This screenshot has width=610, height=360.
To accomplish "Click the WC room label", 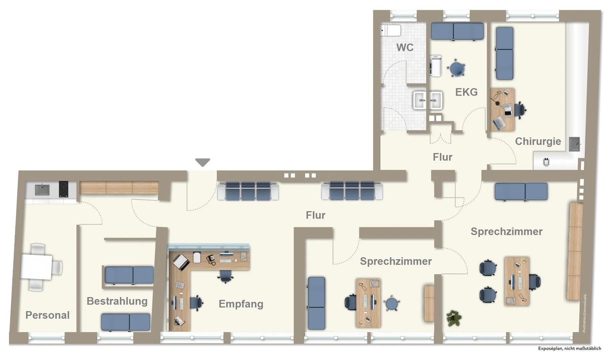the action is pyautogui.click(x=405, y=48).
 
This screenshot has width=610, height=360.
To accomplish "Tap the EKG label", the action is pyautogui.click(x=466, y=92).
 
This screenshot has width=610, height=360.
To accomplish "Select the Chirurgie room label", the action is pyautogui.click(x=538, y=141).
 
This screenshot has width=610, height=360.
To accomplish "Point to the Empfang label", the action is pyautogui.click(x=241, y=304).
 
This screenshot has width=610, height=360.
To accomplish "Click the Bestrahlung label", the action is pyautogui.click(x=117, y=301).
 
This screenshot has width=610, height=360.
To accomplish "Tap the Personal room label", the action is pyautogui.click(x=47, y=315).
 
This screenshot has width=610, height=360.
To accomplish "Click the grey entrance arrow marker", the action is pyautogui.click(x=202, y=162).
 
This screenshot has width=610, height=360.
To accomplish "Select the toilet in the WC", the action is pyautogui.click(x=391, y=31).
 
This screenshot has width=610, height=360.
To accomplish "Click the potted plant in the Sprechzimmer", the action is pyautogui.click(x=454, y=318).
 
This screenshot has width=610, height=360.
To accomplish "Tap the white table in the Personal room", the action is pyautogui.click(x=36, y=267).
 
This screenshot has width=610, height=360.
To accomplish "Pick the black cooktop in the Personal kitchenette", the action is pyautogui.click(x=63, y=189).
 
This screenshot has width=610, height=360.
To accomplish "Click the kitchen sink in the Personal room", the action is pyautogui.click(x=42, y=190).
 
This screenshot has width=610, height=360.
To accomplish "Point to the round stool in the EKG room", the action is pyautogui.click(x=457, y=69).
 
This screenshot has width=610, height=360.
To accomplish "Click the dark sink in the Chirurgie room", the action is pyautogui.click(x=574, y=144).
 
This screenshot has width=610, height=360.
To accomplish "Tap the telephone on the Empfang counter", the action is pyautogui.click(x=211, y=259).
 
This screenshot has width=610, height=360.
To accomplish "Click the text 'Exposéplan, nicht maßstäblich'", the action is pyautogui.click(x=570, y=348).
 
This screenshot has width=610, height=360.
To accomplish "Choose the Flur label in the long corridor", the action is pyautogui.click(x=316, y=215).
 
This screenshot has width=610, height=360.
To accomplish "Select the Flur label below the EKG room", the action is pyautogui.click(x=443, y=157).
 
